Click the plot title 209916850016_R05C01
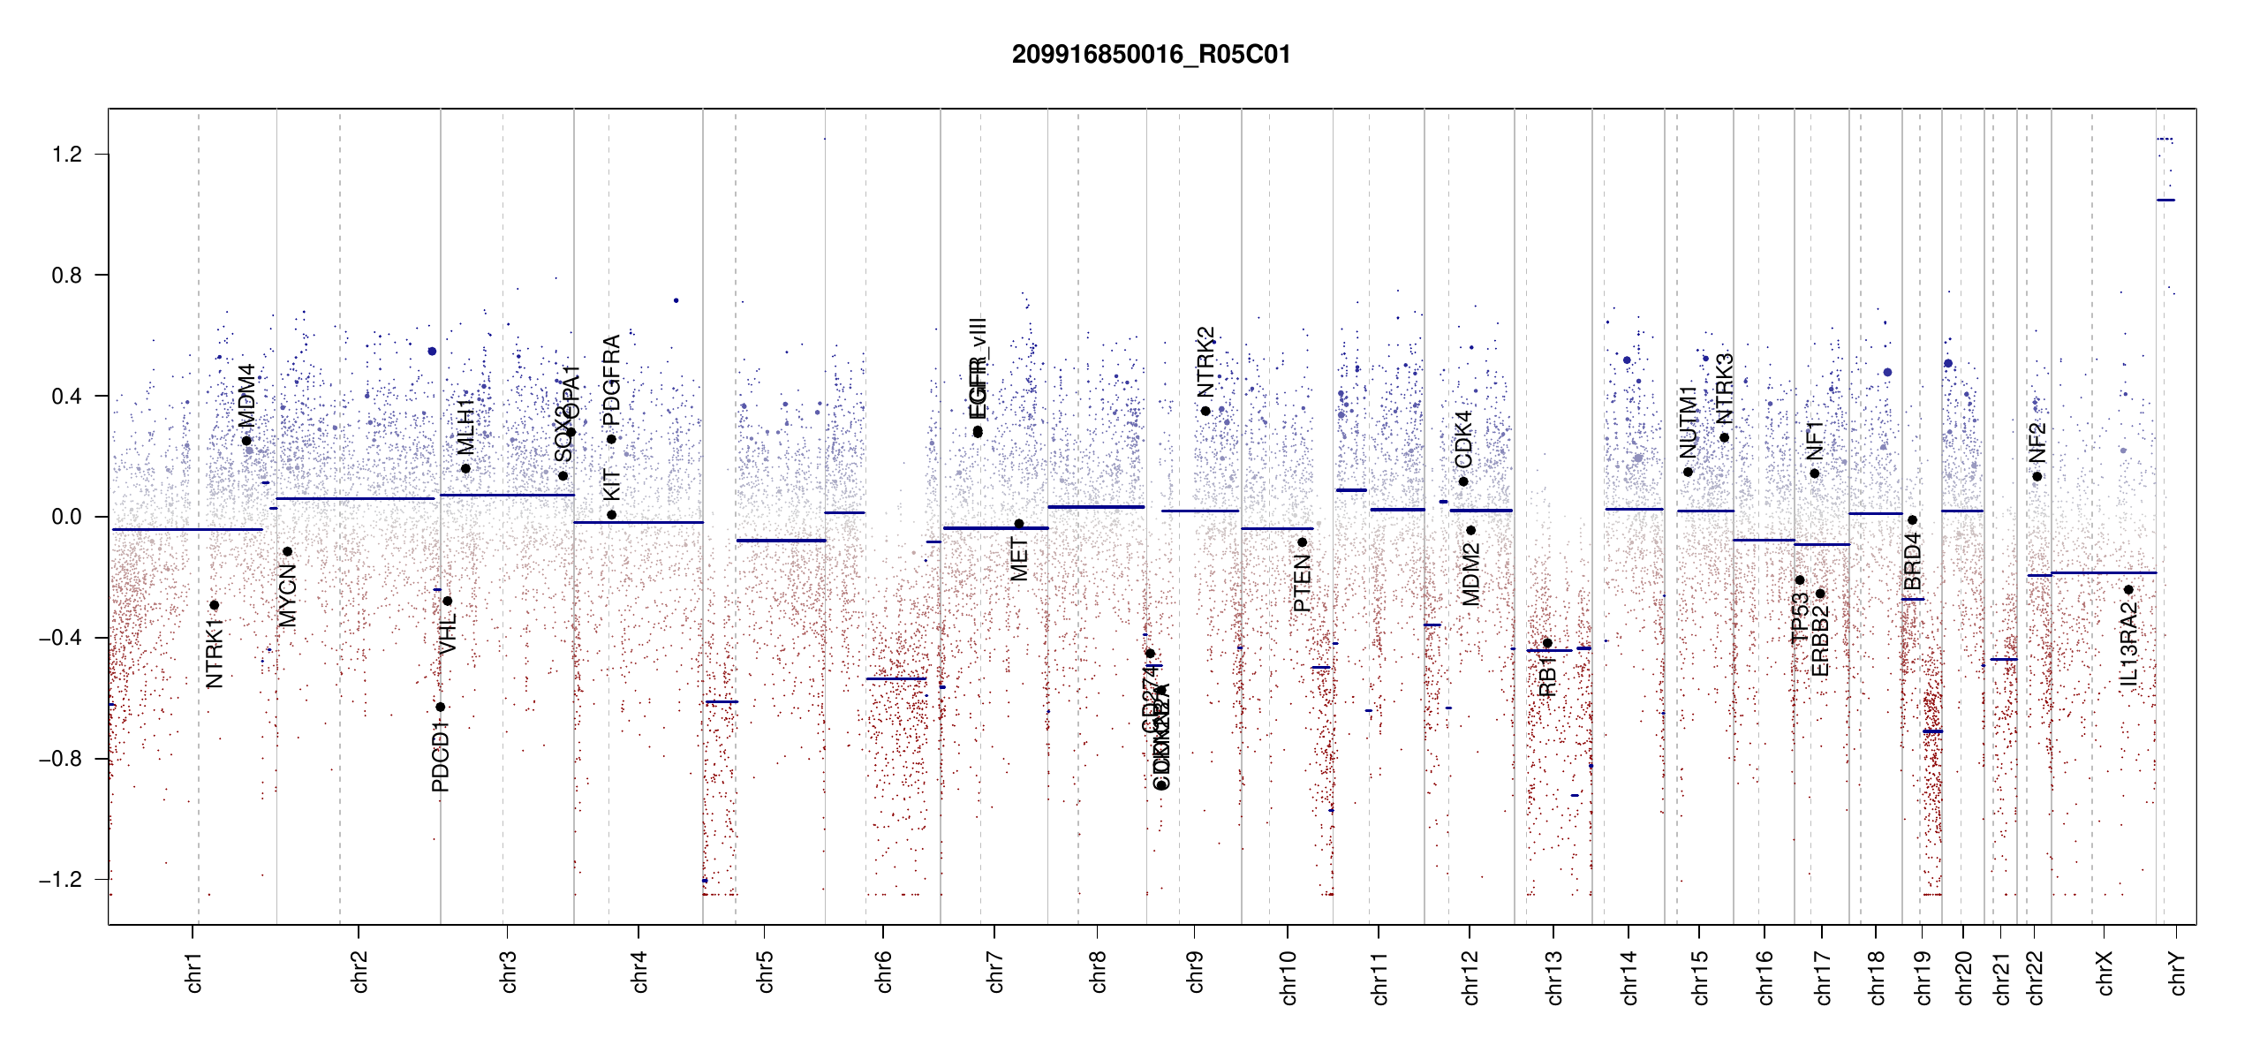point(1151,55)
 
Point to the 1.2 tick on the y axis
point(66,155)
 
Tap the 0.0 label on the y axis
point(66,517)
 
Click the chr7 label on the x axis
point(995,972)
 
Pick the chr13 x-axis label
point(1553,977)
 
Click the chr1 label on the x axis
point(193,972)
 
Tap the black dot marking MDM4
point(246,441)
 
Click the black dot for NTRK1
point(214,605)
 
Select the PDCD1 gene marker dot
point(440,707)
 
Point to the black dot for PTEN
point(1302,542)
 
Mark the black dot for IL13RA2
point(2128,589)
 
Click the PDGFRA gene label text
point(611,375)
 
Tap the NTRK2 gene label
point(1205,362)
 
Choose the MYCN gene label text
point(288,595)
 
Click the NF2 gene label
point(2037,443)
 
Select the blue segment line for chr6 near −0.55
point(896,678)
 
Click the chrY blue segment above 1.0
point(2165,200)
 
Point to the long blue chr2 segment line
point(355,498)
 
